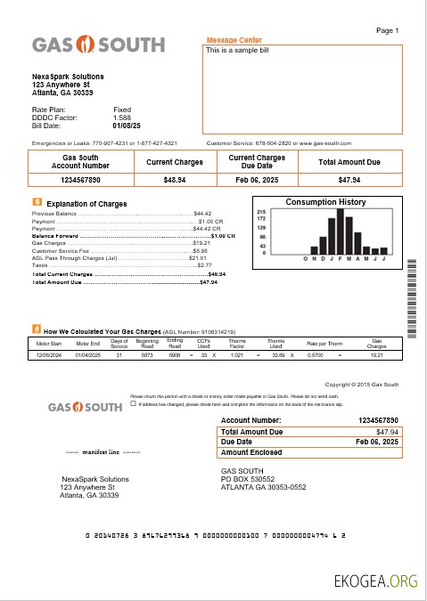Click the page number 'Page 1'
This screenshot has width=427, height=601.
(x=388, y=30)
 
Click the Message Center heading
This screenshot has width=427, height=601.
(x=234, y=40)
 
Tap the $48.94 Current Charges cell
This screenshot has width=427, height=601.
(x=175, y=180)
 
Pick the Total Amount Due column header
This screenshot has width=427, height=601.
(x=349, y=162)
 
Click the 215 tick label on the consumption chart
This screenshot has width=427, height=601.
(x=261, y=211)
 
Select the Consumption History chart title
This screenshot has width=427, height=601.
(x=324, y=202)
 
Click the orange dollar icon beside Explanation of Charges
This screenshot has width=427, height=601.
(x=36, y=203)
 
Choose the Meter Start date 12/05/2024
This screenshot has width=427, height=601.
(x=49, y=354)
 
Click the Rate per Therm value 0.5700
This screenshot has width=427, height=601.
(x=315, y=354)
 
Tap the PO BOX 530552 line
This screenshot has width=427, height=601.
(x=250, y=479)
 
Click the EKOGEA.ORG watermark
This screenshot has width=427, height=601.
(x=374, y=581)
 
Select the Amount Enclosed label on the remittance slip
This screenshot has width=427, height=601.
(x=252, y=452)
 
